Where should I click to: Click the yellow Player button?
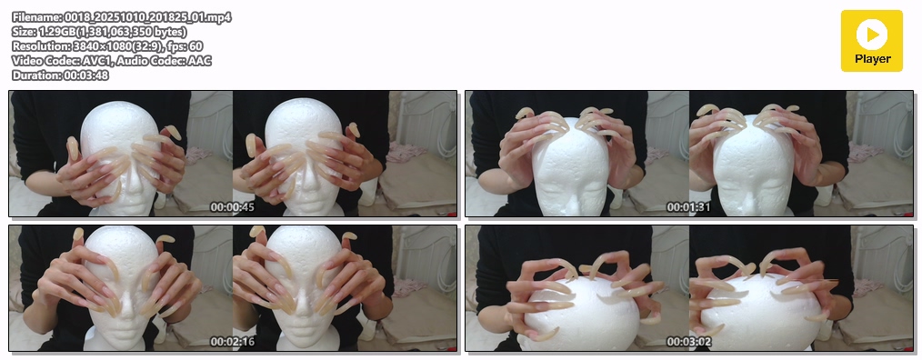tap(871, 41)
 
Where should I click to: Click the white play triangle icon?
tap(873, 35)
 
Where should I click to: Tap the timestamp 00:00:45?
tap(232, 207)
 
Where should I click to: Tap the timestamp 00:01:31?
tap(688, 207)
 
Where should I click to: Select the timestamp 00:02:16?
tap(232, 342)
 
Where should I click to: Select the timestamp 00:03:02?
tap(688, 342)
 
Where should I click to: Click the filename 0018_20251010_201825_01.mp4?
tap(147, 17)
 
